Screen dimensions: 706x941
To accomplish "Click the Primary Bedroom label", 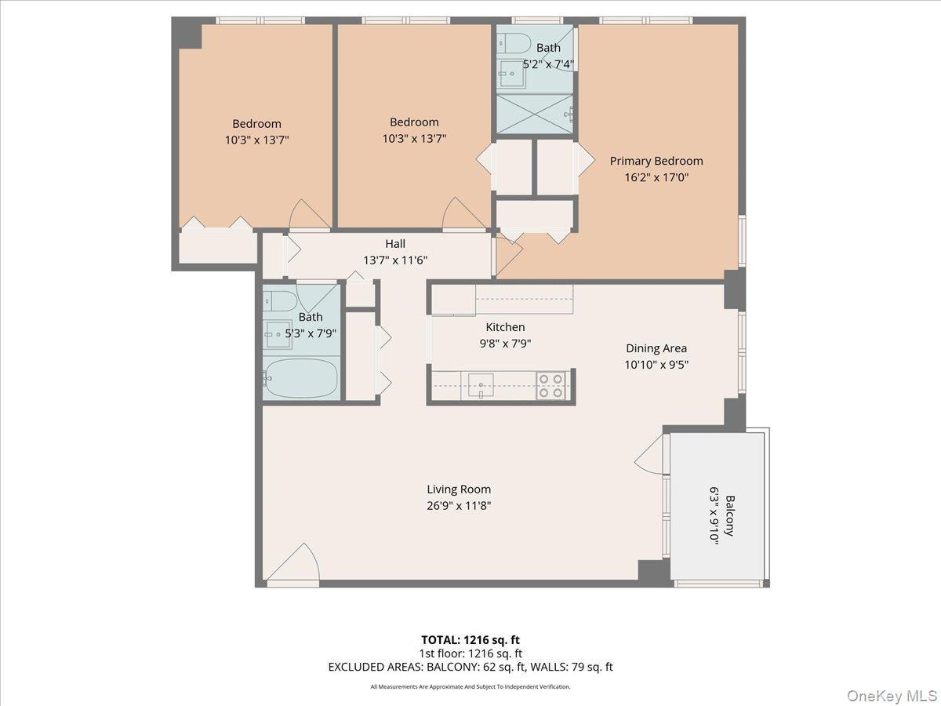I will [656, 161].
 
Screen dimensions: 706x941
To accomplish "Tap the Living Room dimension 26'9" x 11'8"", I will [460, 506].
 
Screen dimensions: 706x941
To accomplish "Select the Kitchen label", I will [505, 327].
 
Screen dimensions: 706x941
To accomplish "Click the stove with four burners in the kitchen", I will [552, 386].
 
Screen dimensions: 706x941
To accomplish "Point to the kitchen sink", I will [480, 384].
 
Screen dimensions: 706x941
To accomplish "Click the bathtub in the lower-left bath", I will [301, 379].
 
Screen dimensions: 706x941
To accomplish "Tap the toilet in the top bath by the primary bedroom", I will [518, 43].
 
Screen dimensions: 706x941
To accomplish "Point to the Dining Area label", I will [656, 348].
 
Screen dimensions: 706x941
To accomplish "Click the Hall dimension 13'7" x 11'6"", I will [395, 260].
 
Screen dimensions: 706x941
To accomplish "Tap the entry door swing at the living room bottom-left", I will [294, 565].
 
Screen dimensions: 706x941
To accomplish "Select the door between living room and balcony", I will [652, 455].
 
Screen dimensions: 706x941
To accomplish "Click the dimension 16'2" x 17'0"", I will [656, 177].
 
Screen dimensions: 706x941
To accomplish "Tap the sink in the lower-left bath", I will [277, 336].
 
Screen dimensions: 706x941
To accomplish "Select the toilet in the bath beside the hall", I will [279, 299].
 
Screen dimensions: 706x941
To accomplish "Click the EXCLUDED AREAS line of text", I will [470, 667].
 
